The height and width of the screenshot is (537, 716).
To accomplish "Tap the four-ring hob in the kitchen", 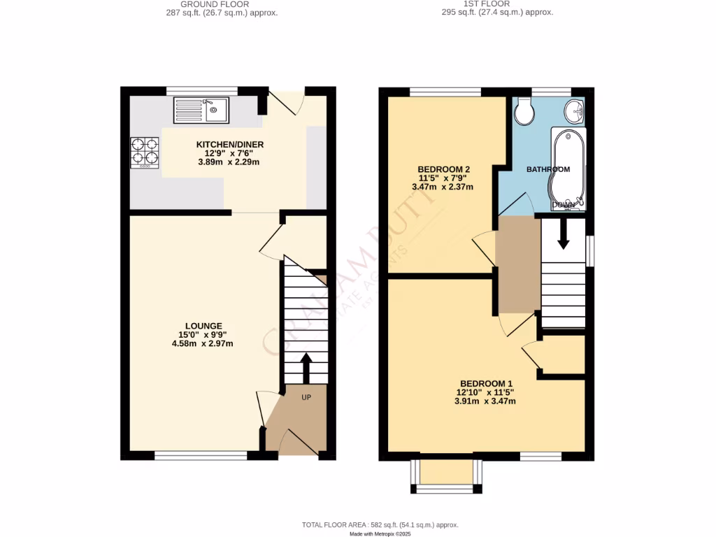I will (145, 152).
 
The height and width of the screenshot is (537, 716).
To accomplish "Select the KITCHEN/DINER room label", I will (229, 145).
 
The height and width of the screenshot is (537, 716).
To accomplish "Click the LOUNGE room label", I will (203, 326).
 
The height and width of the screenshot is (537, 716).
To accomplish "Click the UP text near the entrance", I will (306, 397).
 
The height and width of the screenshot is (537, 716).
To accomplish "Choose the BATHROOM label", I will (547, 169).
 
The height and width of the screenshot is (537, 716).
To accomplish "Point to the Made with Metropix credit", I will (380, 534).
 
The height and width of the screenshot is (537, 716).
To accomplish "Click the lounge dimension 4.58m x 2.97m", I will (203, 343).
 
